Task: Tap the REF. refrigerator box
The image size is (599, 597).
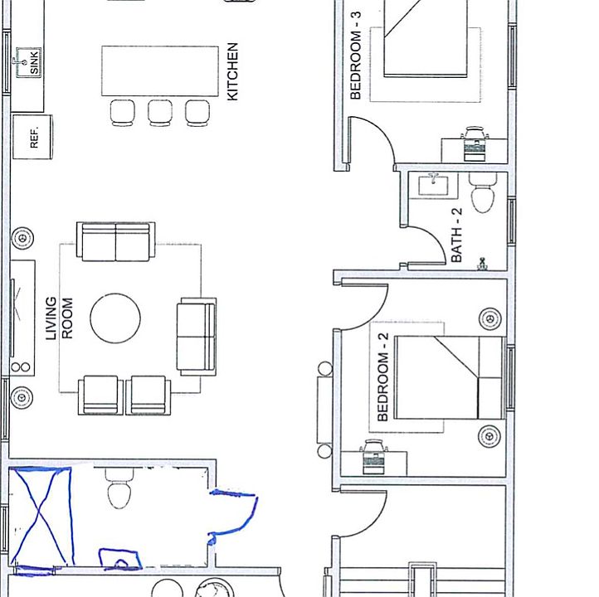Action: click(x=34, y=137)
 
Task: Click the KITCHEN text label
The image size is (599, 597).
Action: click(x=232, y=72)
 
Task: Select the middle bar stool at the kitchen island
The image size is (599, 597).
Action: click(x=160, y=112)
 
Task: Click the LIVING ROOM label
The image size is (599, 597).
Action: click(x=59, y=318)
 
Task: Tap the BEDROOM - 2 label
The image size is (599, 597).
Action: click(x=383, y=376)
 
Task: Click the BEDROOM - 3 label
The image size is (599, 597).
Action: click(x=357, y=66)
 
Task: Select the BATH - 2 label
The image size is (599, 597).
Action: click(x=456, y=235)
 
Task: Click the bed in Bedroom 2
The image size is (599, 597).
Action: click(x=450, y=377)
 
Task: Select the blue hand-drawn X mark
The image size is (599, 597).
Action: click(x=40, y=519)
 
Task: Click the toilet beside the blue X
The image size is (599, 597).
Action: click(x=120, y=490)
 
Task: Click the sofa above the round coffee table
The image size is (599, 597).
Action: click(x=115, y=241)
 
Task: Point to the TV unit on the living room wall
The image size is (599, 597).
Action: click(x=22, y=318)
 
